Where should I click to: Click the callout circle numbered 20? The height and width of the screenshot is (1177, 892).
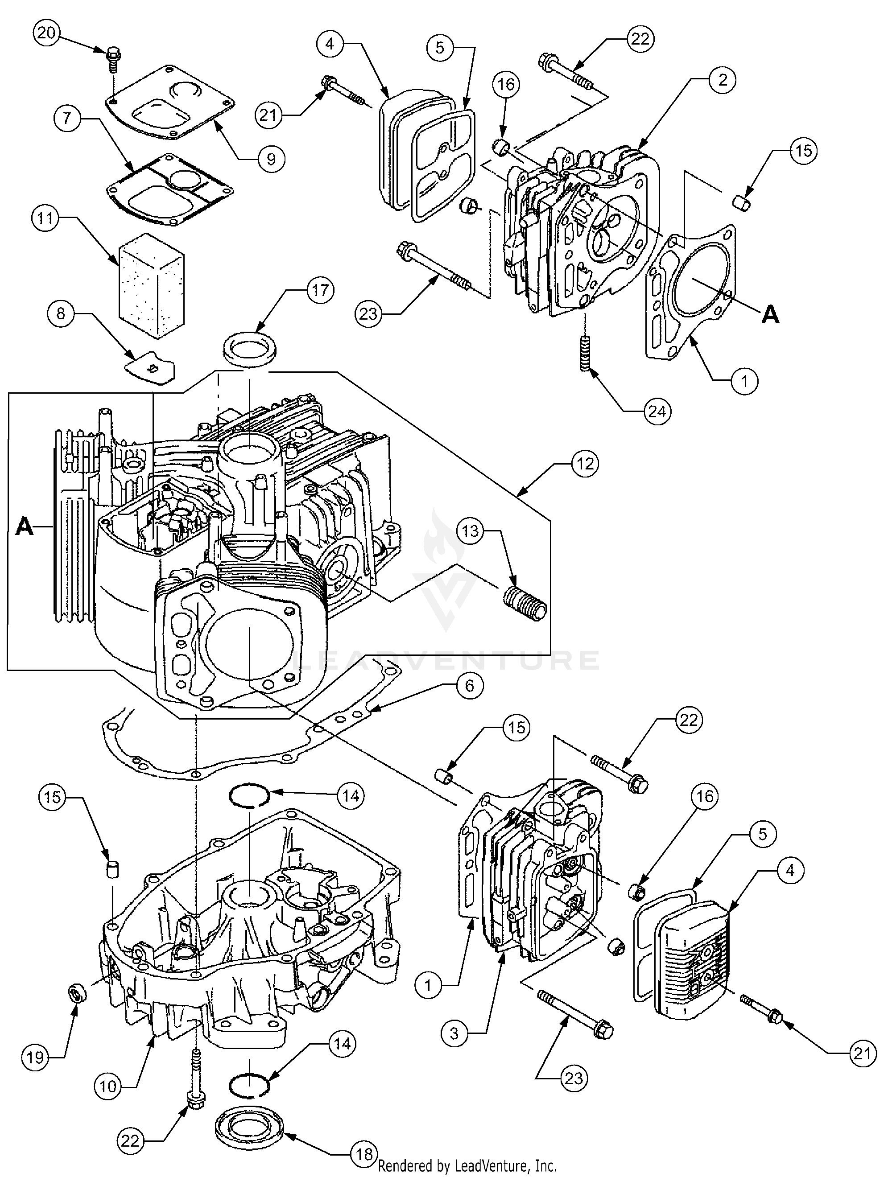point(46,33)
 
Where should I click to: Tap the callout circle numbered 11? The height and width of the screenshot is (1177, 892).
point(46,219)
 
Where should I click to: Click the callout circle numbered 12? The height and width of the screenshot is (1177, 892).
point(584,464)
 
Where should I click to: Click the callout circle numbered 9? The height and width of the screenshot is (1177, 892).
point(270,158)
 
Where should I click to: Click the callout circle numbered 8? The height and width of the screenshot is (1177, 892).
point(61,313)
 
